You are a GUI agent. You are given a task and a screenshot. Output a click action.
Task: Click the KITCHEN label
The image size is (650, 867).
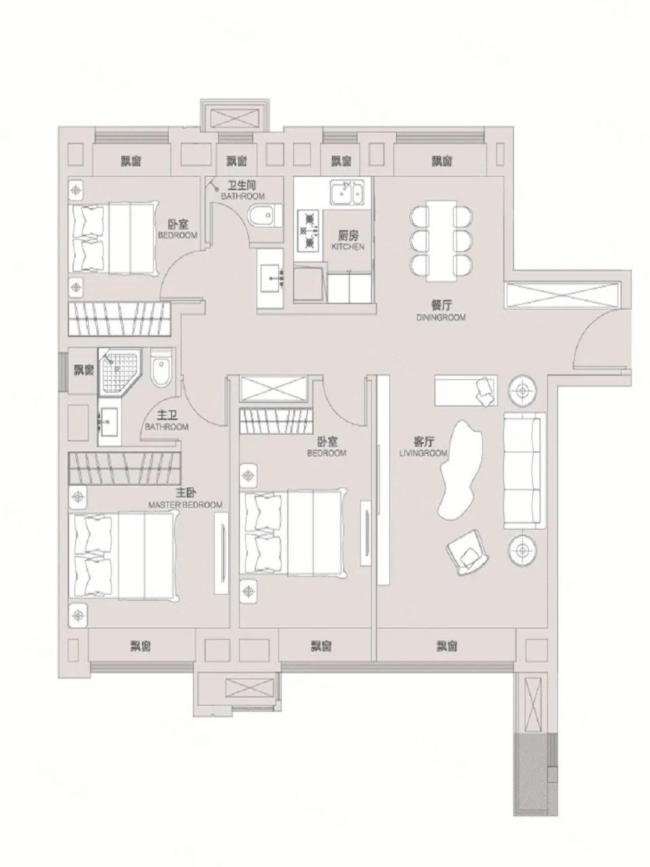(347, 247)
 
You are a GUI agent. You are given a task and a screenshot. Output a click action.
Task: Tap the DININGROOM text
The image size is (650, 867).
(441, 317)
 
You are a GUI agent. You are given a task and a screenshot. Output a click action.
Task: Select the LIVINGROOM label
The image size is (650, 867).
(424, 453)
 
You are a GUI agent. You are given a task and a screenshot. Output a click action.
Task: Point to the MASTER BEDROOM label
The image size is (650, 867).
(185, 505)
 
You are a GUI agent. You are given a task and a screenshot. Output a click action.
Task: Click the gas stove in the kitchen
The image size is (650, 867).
(309, 230)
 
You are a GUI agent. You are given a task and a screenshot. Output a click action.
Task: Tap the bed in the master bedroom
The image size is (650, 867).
(126, 555)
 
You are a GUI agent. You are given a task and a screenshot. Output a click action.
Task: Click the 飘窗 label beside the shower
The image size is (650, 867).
(83, 370)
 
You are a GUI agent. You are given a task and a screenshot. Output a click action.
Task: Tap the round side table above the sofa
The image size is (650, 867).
(523, 390)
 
